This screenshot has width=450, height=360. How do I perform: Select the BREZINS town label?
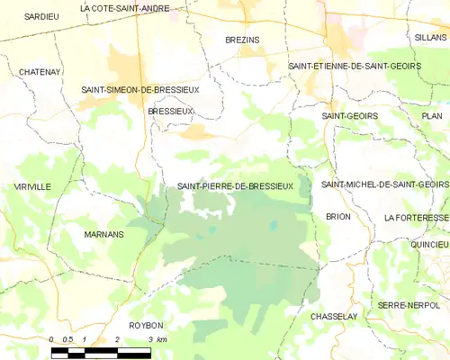(242, 40)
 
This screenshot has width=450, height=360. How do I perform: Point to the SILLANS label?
(430, 40)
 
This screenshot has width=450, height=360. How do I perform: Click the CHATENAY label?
(39, 70)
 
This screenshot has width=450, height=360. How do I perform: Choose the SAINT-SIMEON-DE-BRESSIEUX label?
(140, 90)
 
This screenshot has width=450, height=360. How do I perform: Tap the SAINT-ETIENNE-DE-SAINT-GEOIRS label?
(354, 66)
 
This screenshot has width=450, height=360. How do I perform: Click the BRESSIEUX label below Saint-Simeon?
(170, 111)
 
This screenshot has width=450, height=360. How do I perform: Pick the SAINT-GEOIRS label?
(349, 116)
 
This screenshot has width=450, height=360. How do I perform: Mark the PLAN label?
(432, 116)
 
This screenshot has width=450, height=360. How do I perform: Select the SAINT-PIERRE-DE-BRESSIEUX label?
(235, 185)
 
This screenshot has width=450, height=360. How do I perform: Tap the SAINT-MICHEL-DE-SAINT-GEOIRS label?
(384, 184)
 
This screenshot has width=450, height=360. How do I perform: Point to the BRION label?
(338, 217)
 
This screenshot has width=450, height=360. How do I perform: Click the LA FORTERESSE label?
(415, 218)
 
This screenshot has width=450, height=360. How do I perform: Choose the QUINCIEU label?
(428, 244)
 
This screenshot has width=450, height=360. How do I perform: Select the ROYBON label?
(146, 325)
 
